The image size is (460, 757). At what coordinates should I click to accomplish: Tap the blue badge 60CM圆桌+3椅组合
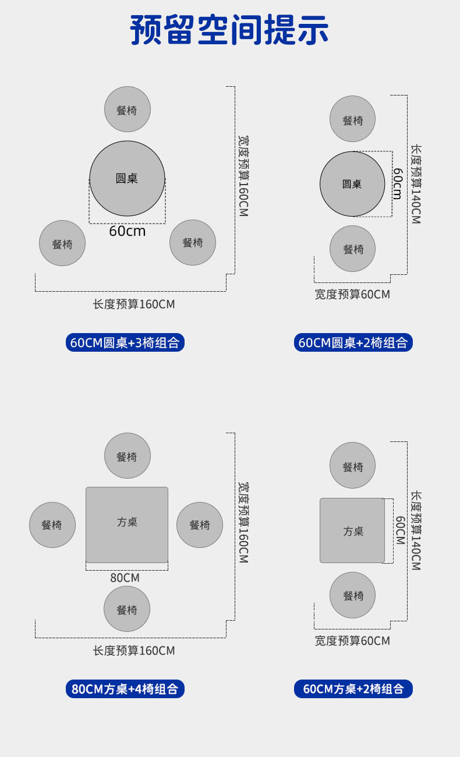point(125,342)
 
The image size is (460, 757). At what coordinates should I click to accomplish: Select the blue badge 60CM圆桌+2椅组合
point(353,342)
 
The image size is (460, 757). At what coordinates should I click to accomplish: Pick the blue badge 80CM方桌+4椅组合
point(125,689)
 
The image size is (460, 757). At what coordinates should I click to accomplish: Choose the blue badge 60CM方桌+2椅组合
point(353,689)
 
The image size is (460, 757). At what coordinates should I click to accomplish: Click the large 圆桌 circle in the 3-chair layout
point(127,178)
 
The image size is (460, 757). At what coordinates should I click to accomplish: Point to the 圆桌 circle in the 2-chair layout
point(352,184)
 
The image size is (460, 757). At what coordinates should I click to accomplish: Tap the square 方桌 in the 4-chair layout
point(127,524)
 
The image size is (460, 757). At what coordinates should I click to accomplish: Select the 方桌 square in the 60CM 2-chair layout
point(352,530)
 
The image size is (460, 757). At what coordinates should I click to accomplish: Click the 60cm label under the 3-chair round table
point(128,231)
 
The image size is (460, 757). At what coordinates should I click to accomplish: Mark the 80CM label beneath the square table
point(125,578)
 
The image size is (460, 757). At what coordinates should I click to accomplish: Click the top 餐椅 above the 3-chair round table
point(128,109)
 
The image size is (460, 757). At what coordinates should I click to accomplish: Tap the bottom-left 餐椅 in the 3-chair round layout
point(62,243)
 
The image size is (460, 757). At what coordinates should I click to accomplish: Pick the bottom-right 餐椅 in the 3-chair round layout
point(193,242)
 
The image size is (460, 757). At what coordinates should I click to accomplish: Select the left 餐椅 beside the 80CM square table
point(52,525)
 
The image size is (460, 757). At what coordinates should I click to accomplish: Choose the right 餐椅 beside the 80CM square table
point(200,525)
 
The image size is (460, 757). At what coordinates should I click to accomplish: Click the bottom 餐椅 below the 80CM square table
point(127,609)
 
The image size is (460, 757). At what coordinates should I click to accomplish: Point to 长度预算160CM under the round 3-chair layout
point(134,304)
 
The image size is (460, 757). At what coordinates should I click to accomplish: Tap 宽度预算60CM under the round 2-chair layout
point(352,294)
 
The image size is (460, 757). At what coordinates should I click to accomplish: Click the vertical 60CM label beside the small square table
point(400,530)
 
